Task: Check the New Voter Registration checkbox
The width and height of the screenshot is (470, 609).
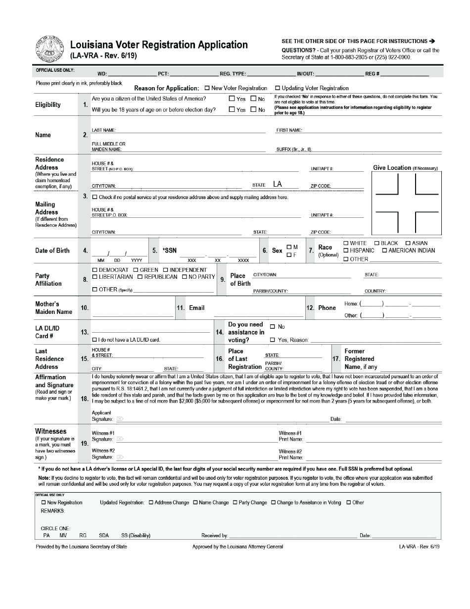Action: coord(207,88)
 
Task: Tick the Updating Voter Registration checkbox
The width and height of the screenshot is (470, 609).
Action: coord(278,88)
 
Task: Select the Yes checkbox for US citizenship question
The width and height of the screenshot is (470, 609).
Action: coord(232,99)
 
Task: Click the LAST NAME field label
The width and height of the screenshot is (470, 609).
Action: coord(103,130)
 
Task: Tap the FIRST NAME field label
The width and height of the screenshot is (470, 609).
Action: coord(289,130)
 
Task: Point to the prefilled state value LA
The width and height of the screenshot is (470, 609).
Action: coord(278,184)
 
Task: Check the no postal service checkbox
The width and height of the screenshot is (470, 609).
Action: coord(94,197)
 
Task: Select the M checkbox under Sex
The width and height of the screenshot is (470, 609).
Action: coord(289,247)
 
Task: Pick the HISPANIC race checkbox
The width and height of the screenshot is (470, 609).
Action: coord(346,251)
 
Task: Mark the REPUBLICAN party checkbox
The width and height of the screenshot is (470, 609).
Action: coord(140,277)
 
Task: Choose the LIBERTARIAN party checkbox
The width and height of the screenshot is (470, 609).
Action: coord(94,277)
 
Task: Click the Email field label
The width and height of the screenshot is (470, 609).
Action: coord(196,308)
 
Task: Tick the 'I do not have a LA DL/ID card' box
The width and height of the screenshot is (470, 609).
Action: coord(94,340)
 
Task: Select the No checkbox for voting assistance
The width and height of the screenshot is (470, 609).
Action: coord(273,327)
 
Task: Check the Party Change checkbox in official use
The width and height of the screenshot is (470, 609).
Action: coord(235,503)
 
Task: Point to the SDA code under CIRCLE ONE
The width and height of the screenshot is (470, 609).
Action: coord(104,535)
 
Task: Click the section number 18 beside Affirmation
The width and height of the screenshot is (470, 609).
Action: coord(85,399)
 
